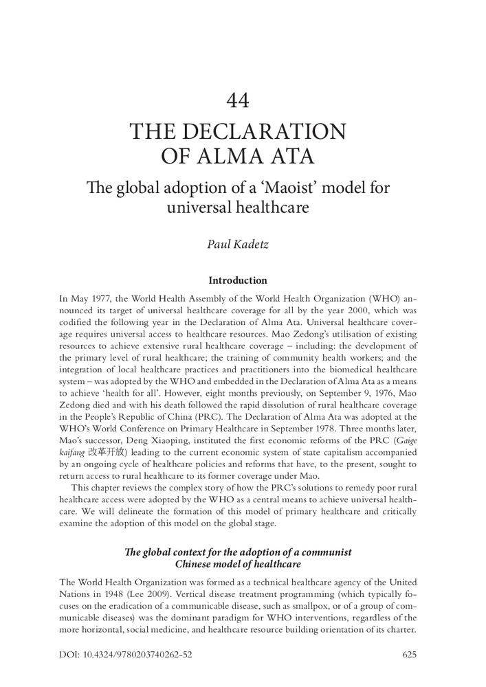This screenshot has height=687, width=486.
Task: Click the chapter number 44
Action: coord(237,101)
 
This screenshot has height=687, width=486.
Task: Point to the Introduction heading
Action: coord(237,280)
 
